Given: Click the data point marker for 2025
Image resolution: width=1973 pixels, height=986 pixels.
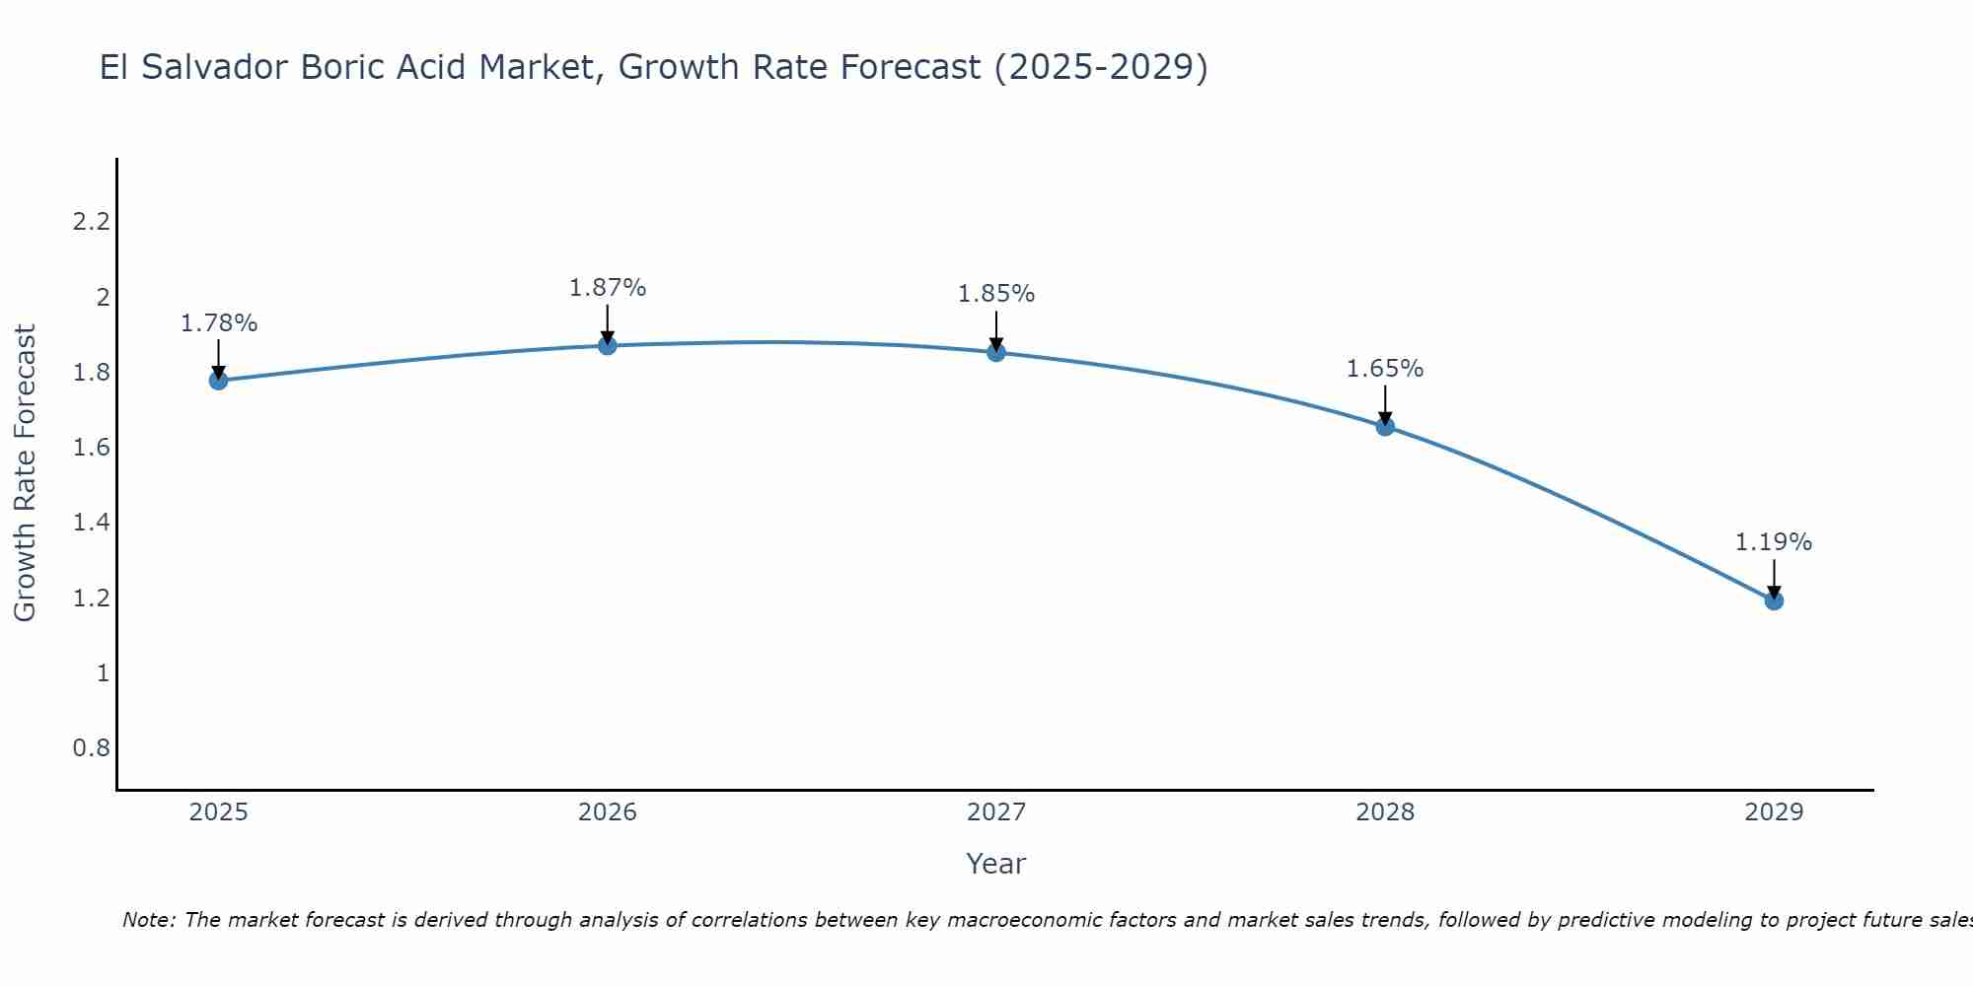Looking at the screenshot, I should click(x=218, y=381).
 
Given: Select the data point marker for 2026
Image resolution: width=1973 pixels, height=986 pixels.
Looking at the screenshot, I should click(x=608, y=345).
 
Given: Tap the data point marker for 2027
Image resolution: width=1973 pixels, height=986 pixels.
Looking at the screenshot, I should click(x=996, y=352).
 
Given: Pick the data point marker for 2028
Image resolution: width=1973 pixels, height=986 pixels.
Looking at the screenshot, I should click(x=1385, y=427).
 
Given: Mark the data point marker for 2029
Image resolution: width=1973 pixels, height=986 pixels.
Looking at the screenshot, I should click(x=1774, y=600).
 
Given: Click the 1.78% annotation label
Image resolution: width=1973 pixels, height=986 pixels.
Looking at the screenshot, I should click(x=218, y=323).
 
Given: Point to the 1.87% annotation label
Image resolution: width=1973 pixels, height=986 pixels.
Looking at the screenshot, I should click(x=608, y=288).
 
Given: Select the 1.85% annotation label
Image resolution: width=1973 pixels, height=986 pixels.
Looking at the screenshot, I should click(x=996, y=294).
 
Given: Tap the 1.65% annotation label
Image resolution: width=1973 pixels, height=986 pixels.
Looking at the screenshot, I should click(x=1385, y=369).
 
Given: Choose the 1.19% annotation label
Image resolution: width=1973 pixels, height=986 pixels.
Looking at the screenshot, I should click(x=1774, y=542).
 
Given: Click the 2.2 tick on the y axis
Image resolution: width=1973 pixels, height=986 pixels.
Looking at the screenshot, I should click(x=91, y=222).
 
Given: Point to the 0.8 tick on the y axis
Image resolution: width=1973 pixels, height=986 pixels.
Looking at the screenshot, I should click(x=91, y=748).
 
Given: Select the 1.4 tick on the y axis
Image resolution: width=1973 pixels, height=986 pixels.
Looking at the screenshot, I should click(x=91, y=523).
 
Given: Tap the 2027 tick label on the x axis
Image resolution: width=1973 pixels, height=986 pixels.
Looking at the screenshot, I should click(x=996, y=812).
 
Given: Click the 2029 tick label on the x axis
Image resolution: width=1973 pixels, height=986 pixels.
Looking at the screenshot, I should click(x=1774, y=812).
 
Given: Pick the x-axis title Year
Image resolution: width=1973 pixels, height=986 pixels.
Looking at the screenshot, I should click(x=996, y=864).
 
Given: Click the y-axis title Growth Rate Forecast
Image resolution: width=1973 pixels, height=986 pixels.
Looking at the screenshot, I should click(x=25, y=473).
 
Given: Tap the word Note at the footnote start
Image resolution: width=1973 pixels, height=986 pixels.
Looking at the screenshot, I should click(x=148, y=920).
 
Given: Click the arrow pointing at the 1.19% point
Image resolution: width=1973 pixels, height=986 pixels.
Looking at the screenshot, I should click(x=1774, y=579).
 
